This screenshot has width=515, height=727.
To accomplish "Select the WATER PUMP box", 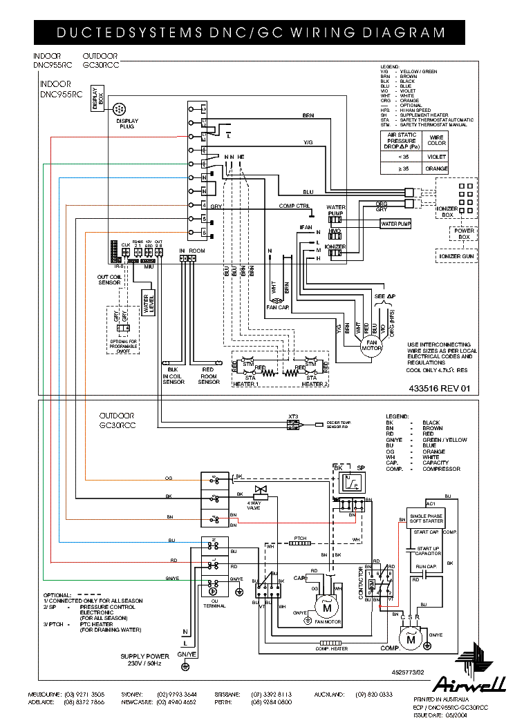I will [395, 224].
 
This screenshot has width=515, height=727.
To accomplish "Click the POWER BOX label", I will [464, 234].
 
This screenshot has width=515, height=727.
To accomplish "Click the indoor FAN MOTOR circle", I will [372, 345].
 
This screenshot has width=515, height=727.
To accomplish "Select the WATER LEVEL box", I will [147, 304].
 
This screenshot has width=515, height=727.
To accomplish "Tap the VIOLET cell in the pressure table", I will [437, 156].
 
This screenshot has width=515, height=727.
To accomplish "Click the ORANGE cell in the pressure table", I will [437, 168].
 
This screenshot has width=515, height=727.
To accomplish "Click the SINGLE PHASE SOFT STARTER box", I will [426, 518].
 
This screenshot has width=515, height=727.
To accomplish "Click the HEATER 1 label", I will [247, 384].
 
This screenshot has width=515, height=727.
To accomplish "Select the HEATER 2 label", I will [314, 384].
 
